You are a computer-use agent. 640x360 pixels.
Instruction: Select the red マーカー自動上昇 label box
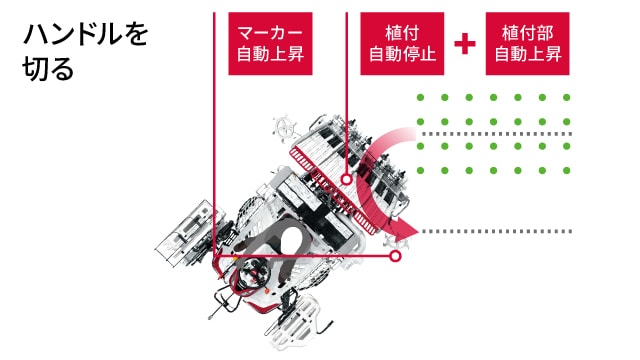point(271,43)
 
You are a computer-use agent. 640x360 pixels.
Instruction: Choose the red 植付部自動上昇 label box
point(528,43)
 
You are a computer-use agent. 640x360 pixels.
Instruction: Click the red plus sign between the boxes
point(464,44)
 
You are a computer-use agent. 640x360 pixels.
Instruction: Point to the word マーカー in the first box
point(271,32)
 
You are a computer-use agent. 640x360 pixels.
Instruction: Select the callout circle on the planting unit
point(346,180)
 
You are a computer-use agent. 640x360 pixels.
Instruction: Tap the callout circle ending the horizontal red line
point(396,256)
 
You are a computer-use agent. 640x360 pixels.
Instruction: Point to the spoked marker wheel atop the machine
point(284,130)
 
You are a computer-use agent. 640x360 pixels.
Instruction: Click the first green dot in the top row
point(421,98)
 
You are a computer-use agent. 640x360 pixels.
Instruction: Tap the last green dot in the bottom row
point(566,170)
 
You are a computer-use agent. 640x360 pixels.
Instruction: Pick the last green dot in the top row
point(566,98)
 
